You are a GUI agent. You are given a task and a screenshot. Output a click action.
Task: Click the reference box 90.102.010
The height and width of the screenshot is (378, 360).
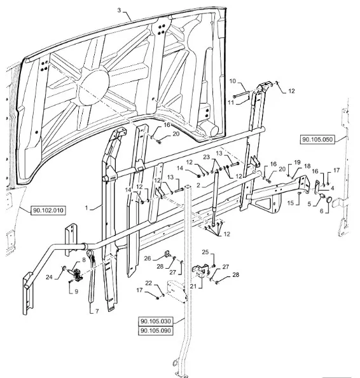tap(48, 210)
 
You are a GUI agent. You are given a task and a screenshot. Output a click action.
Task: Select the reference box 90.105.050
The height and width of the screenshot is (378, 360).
tap(317, 140)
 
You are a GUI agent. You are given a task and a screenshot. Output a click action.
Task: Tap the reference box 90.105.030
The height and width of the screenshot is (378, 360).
tap(156, 321)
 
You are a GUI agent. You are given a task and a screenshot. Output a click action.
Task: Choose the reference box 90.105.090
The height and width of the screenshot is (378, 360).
tap(156, 330)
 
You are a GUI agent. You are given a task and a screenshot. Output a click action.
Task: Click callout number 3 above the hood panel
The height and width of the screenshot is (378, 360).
tap(119, 10)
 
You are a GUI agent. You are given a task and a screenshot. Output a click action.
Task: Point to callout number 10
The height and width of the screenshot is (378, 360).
tap(232, 81)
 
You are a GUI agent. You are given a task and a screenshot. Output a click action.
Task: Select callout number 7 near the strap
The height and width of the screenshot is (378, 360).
tap(97, 311)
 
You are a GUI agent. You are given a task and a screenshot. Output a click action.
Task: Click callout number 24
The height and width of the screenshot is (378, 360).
tap(49, 277)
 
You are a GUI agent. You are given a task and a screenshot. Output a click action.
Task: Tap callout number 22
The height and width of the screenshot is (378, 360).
tap(149, 283)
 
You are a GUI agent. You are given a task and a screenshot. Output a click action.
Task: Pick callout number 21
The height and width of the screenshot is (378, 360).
tap(193, 286)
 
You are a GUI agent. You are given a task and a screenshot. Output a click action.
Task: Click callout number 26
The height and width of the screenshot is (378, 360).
tap(148, 259)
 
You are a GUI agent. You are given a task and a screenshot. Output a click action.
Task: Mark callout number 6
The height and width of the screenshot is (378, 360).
tap(321, 211)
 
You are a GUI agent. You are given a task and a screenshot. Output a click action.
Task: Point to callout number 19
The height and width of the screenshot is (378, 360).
tap(297, 162)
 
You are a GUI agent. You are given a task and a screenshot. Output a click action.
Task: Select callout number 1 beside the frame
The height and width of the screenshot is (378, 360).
tap(87, 208)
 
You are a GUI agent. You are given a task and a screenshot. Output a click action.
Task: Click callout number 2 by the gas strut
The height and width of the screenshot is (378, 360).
tap(198, 185)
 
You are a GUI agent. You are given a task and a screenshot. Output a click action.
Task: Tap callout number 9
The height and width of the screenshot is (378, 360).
tap(76, 292)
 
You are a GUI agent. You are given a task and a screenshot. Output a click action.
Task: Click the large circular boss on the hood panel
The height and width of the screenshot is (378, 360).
tap(93, 87)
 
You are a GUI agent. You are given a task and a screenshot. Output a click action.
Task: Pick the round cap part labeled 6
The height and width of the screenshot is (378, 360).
tap(329, 199)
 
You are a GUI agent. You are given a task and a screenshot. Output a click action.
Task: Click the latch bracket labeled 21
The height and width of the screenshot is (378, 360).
tap(201, 270)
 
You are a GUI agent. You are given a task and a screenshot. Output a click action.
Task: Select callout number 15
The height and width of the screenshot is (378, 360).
tap(291, 203)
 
